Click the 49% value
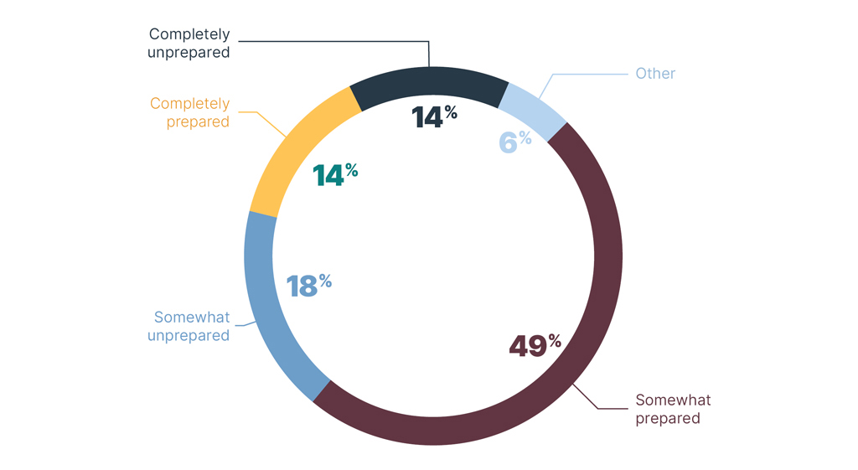[x=534, y=345]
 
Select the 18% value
[x=308, y=285]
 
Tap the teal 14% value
[x=334, y=174]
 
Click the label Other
[x=654, y=74]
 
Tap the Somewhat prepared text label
[x=673, y=409]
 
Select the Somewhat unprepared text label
[x=189, y=327]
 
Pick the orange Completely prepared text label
[x=189, y=113]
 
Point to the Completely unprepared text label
[x=189, y=43]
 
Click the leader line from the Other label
[x=587, y=74]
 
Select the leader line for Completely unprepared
[x=335, y=39]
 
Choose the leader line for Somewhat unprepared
[x=245, y=323]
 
